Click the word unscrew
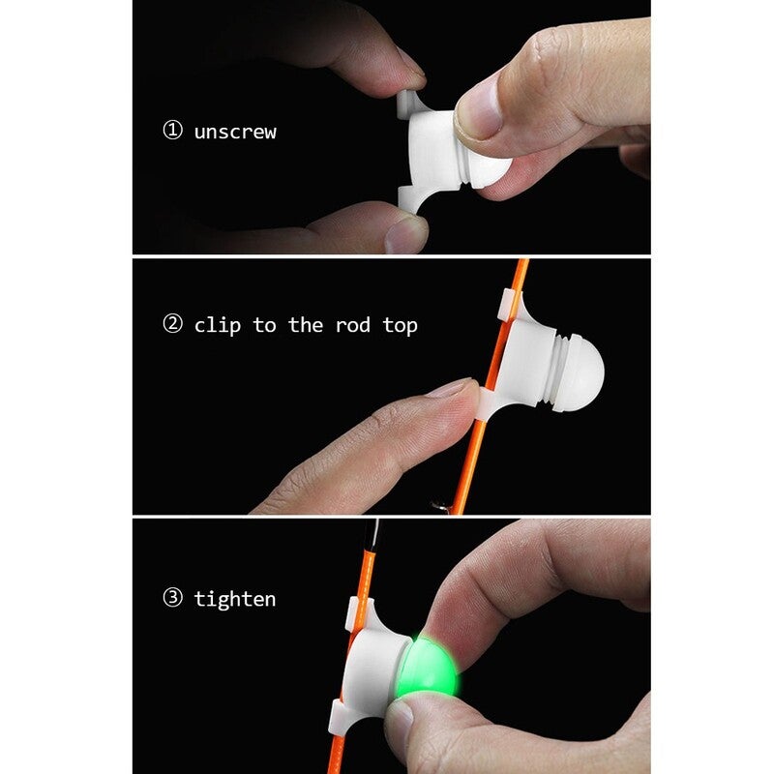click(x=235, y=132)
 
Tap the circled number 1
click(x=173, y=131)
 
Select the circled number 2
click(x=173, y=324)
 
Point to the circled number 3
click(x=173, y=597)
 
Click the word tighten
click(x=235, y=599)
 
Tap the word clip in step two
click(x=217, y=325)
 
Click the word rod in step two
click(x=352, y=325)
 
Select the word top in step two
click(x=400, y=326)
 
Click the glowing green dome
click(x=428, y=668)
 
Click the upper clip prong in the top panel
click(x=408, y=104)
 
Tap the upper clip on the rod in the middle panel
click(x=509, y=305)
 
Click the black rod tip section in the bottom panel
click(x=372, y=534)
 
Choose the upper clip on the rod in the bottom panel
click(x=355, y=613)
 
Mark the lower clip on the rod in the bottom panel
click(x=341, y=717)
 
